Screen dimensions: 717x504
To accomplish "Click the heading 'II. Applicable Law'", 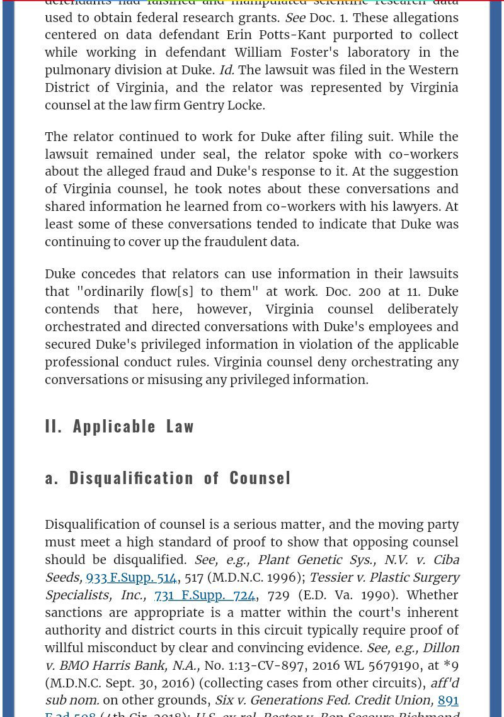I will click(120, 426).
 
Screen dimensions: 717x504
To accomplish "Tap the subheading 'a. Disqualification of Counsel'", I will click(168, 478).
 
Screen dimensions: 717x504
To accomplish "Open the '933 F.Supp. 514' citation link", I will click(131, 577).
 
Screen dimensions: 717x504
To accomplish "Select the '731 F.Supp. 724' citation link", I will click(205, 595).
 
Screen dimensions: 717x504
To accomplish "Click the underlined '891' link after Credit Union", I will click(448, 700).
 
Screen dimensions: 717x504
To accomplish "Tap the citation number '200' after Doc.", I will click(374, 291).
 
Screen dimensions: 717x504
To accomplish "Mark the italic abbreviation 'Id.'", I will click(226, 70).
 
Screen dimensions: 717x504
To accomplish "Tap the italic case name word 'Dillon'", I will click(440, 648).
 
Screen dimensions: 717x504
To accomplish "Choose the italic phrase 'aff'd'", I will click(444, 683).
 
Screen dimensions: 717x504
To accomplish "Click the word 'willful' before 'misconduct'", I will click(65, 648).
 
